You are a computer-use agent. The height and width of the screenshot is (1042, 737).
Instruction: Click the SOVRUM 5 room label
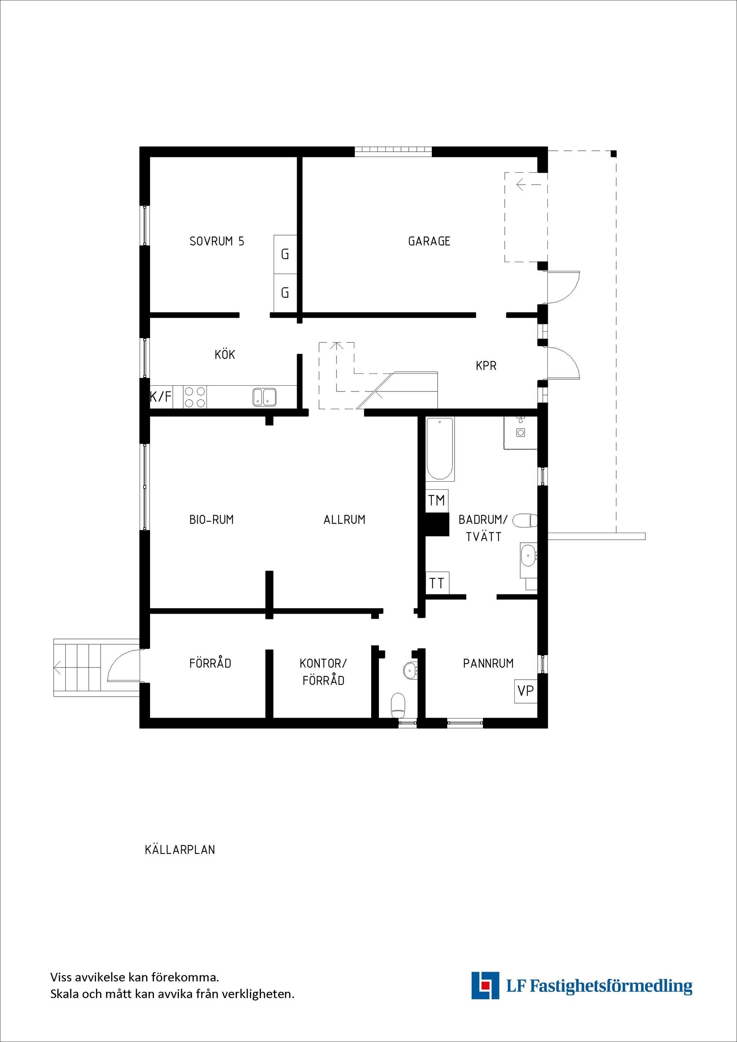pyautogui.click(x=216, y=241)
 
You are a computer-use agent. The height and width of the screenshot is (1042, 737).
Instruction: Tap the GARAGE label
pyautogui.click(x=429, y=241)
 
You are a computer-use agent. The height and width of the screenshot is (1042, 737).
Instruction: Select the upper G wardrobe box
pyautogui.click(x=285, y=254)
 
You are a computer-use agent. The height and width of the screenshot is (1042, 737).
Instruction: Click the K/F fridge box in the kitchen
pyautogui.click(x=161, y=397)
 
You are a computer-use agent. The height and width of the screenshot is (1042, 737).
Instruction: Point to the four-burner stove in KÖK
pyautogui.click(x=195, y=397)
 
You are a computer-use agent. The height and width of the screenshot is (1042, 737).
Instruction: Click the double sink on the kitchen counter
pyautogui.click(x=264, y=397)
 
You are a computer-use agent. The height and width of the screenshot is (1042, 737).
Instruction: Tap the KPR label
pyautogui.click(x=486, y=365)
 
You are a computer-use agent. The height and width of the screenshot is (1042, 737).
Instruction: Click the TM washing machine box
pyautogui.click(x=436, y=500)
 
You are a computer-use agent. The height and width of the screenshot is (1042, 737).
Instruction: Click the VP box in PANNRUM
pyautogui.click(x=525, y=691)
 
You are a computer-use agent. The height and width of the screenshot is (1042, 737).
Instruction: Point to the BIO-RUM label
pyautogui.click(x=212, y=519)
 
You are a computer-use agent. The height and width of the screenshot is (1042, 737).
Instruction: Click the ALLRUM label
pyautogui.click(x=344, y=519)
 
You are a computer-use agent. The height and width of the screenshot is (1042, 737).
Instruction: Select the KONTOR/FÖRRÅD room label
pyautogui.click(x=323, y=672)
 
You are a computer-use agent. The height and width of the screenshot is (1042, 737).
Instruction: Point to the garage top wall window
pyautogui.click(x=393, y=151)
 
